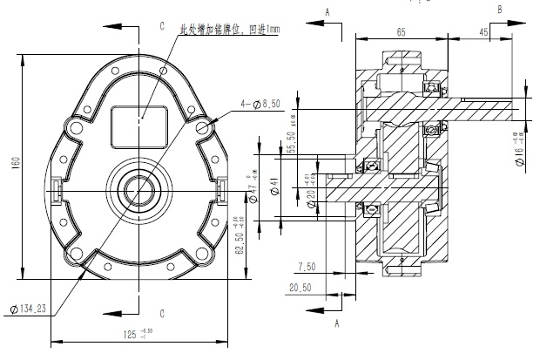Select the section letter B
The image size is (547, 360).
click(x=498, y=8)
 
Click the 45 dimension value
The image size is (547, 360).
click(x=507, y=31)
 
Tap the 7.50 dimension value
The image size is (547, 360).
click(x=307, y=267)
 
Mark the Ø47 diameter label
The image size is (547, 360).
click(x=253, y=191)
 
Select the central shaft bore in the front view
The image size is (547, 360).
click(x=138, y=189)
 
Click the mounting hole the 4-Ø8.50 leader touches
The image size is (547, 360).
click(x=205, y=129)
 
